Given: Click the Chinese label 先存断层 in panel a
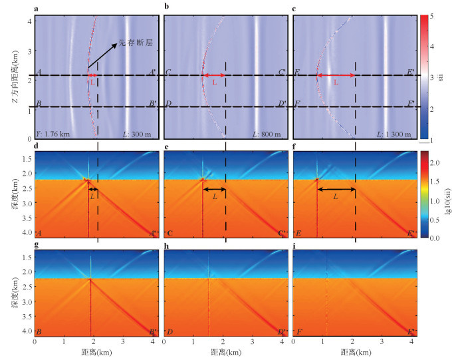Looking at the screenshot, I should click(x=136, y=44).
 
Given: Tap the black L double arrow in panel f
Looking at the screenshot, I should click(x=334, y=190).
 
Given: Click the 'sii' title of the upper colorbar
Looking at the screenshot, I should click(x=441, y=78).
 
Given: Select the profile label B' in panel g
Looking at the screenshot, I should click(x=152, y=331).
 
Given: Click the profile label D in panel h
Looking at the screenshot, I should click(x=168, y=331).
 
